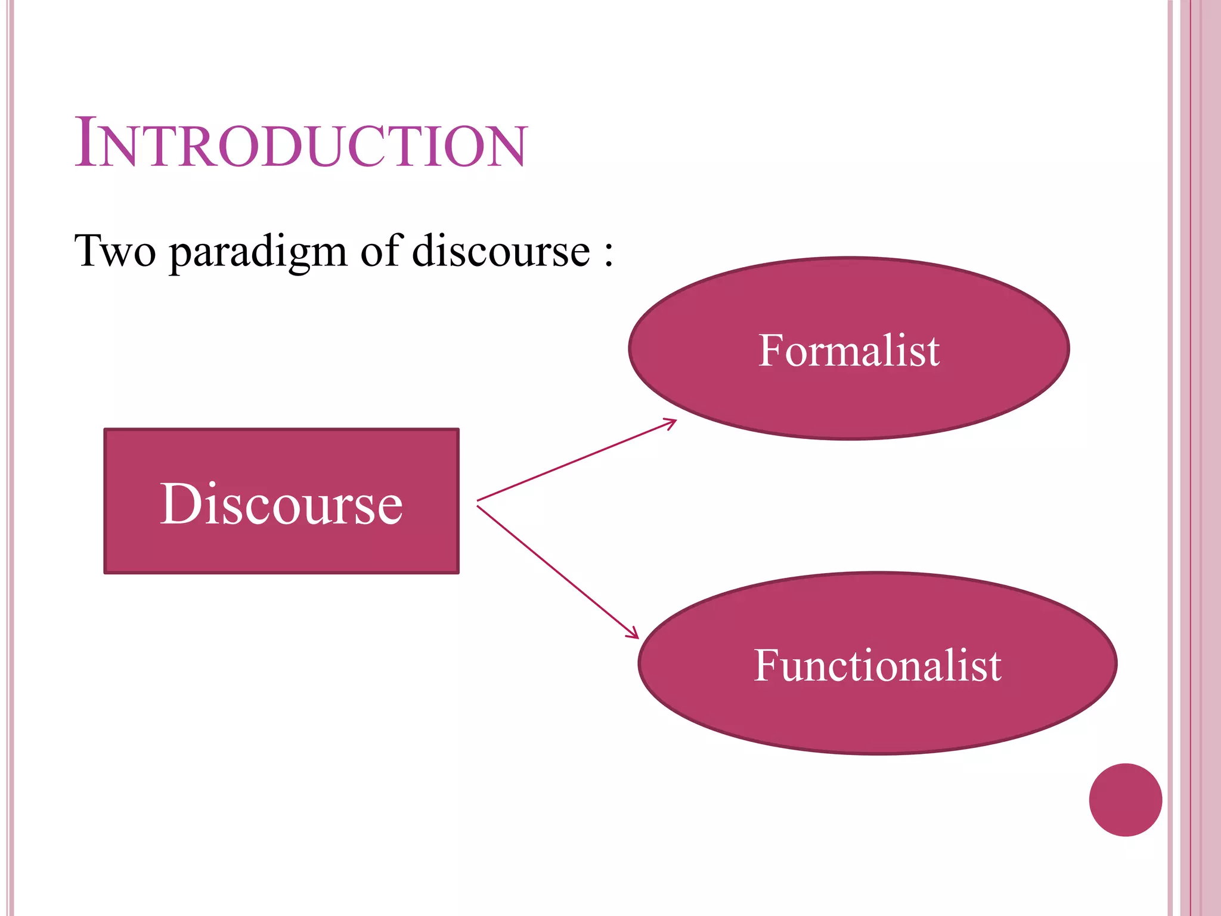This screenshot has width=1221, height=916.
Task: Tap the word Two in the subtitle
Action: pos(114,251)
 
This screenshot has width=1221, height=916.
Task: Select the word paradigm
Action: pos(258,253)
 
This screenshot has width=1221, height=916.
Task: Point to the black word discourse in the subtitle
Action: pos(500,251)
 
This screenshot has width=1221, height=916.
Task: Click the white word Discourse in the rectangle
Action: pos(281,505)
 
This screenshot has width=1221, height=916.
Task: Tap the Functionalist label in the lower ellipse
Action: pos(877,666)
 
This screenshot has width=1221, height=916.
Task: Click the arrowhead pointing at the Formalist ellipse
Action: pos(673,422)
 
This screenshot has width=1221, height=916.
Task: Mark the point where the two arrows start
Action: pos(478,503)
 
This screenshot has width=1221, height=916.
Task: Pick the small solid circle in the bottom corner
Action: pos(1125,800)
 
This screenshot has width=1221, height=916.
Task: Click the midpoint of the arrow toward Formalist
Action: pos(577,460)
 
